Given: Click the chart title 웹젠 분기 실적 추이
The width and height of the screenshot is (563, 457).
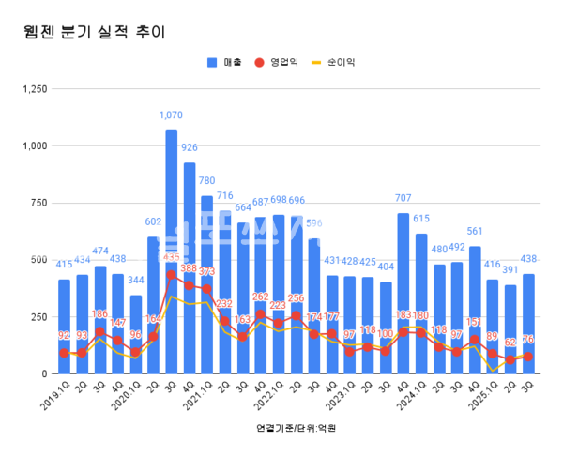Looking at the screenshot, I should tap(93, 32).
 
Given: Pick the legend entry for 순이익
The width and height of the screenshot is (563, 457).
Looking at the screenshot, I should tap(336, 62).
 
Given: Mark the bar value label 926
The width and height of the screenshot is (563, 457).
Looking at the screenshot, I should tap(190, 148).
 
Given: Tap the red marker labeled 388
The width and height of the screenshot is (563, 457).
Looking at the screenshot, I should tap(190, 285).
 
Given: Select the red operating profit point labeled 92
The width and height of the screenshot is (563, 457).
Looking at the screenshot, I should tap(64, 353).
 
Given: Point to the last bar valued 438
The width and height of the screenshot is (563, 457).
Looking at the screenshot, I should tap(529, 324).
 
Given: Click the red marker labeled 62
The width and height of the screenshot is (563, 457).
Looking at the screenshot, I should tap(511, 359).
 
